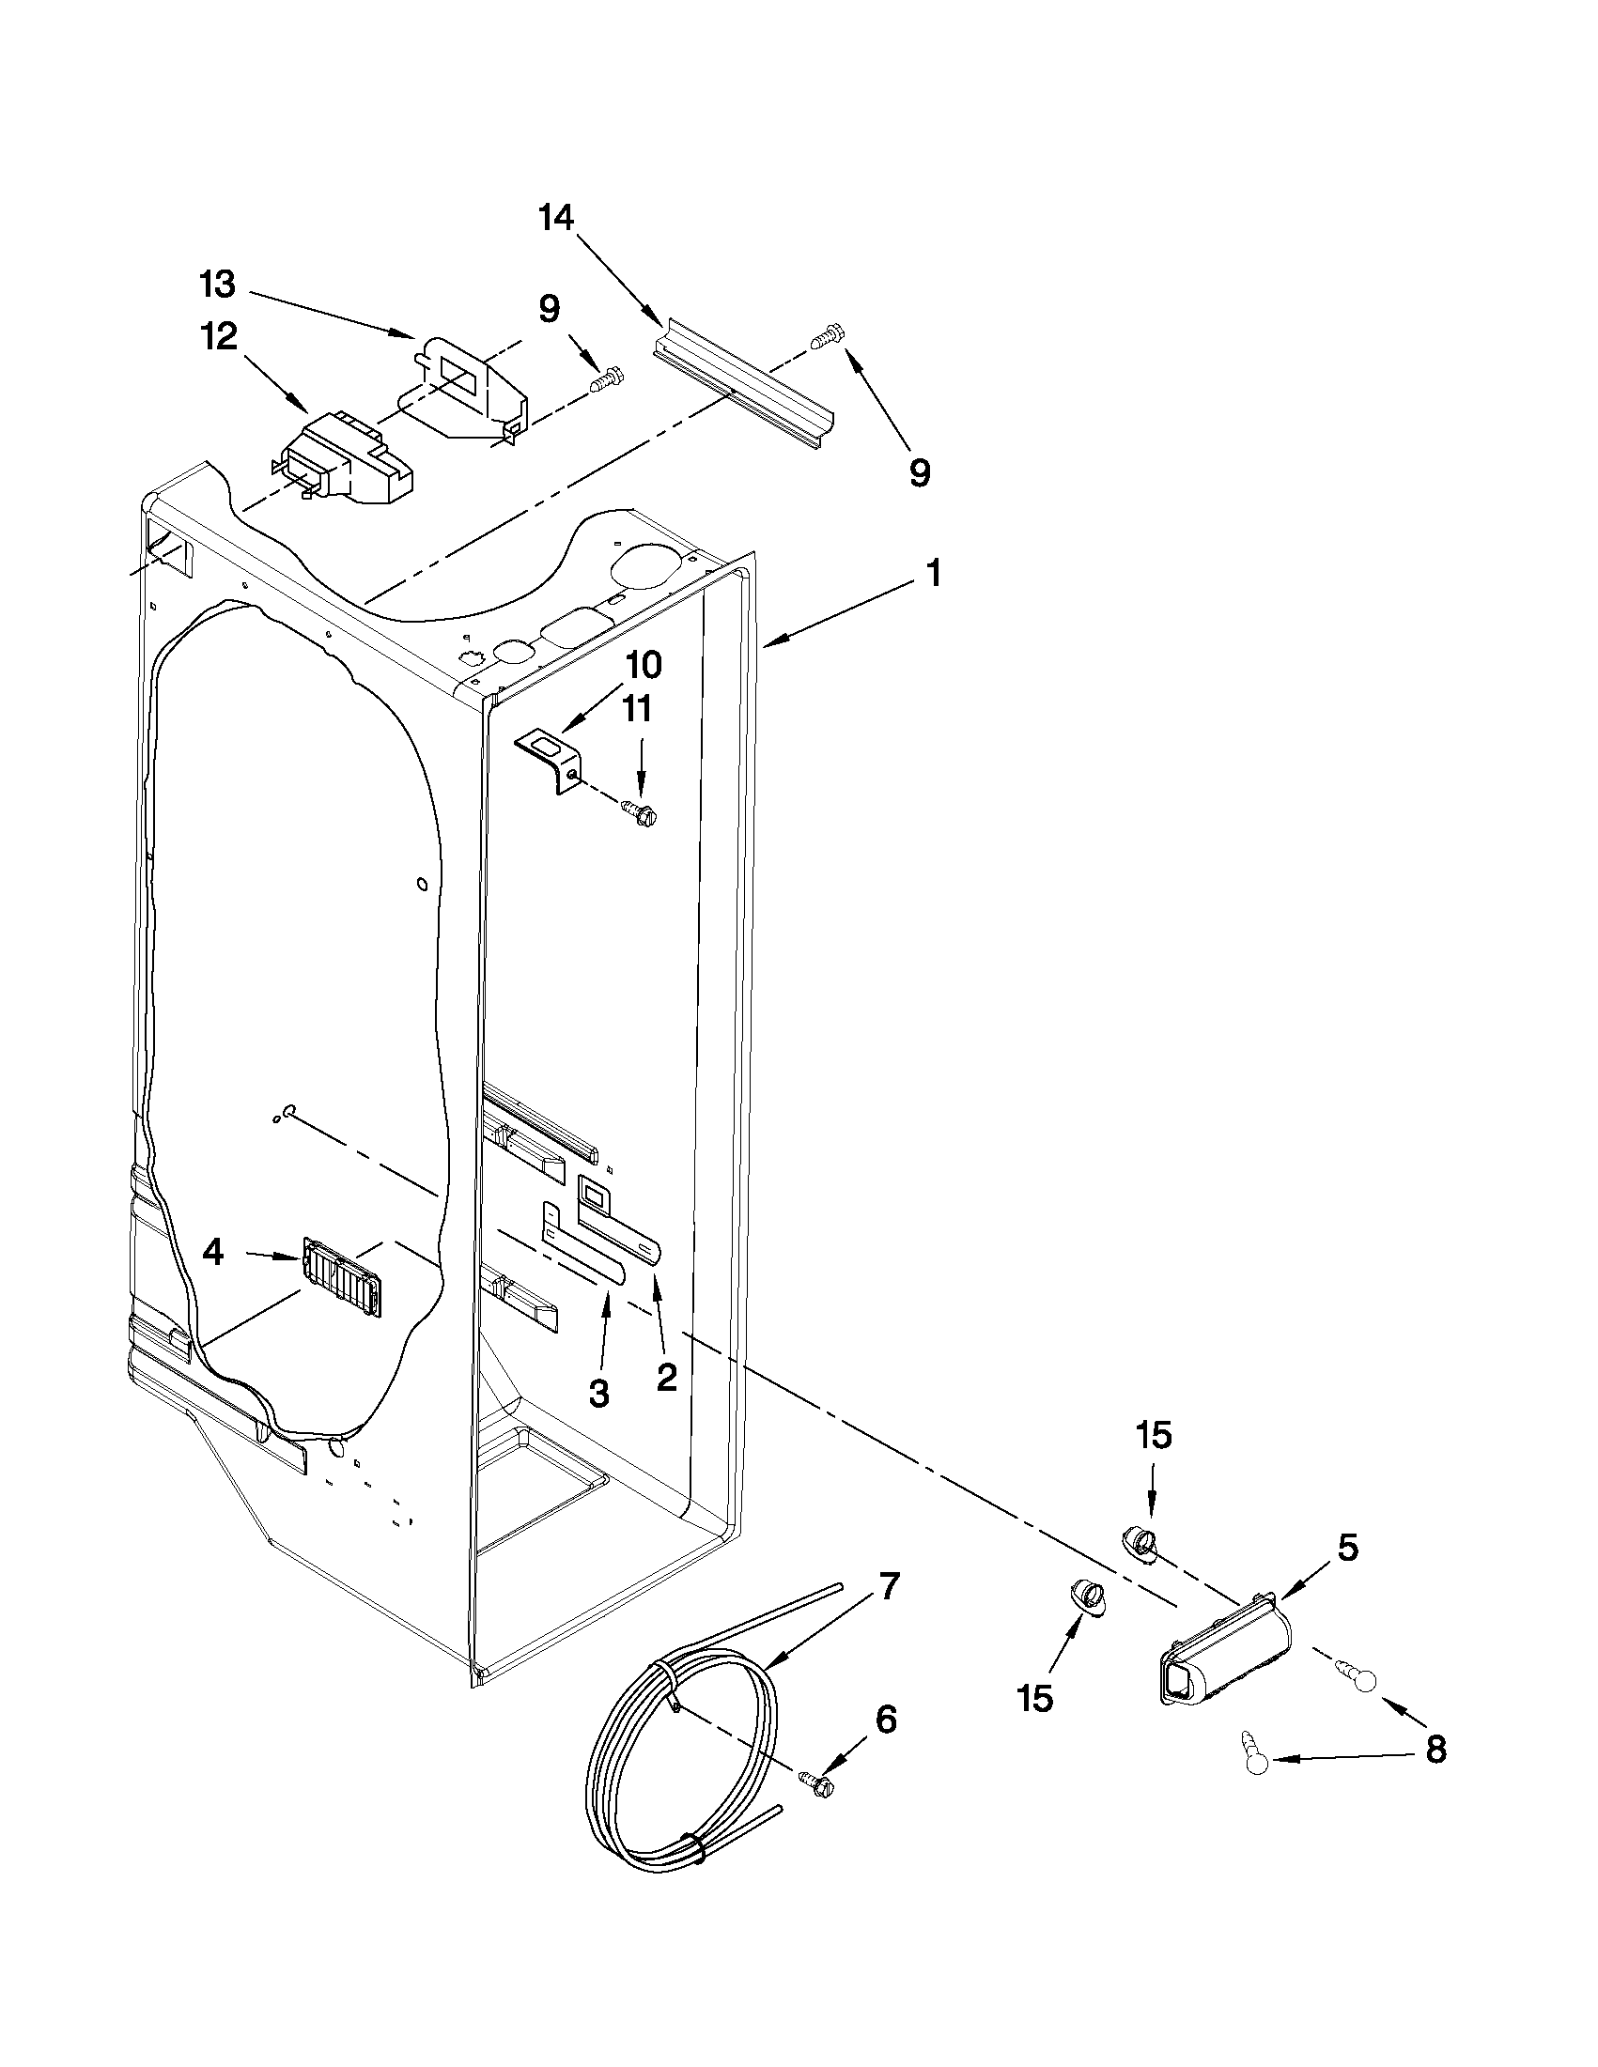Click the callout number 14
[556, 219]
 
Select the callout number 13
[218, 283]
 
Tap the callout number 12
[219, 336]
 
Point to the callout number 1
[933, 573]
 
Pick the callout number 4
[213, 1253]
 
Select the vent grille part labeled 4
[345, 1275]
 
